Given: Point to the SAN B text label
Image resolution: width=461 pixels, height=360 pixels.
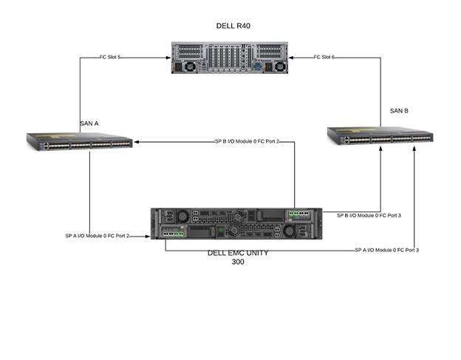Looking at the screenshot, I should pyautogui.click(x=399, y=111).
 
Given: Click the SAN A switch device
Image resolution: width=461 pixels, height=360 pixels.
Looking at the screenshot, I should pyautogui.click(x=79, y=141).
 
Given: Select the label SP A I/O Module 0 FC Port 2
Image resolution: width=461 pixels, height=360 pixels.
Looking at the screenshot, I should pyautogui.click(x=97, y=236).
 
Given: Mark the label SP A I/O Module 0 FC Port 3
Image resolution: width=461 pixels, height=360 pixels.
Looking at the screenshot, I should pyautogui.click(x=386, y=250).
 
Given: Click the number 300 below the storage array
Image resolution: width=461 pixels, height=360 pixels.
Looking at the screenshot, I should pyautogui.click(x=238, y=262).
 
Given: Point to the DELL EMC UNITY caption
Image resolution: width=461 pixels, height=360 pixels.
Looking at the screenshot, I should pyautogui.click(x=238, y=253).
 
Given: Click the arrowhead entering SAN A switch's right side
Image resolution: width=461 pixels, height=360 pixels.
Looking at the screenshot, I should pyautogui.click(x=136, y=140).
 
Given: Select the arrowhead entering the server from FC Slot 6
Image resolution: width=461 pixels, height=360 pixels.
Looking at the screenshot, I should pyautogui.click(x=293, y=57).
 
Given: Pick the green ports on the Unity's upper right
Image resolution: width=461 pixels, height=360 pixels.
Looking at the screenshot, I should pyautogui.click(x=298, y=215).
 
